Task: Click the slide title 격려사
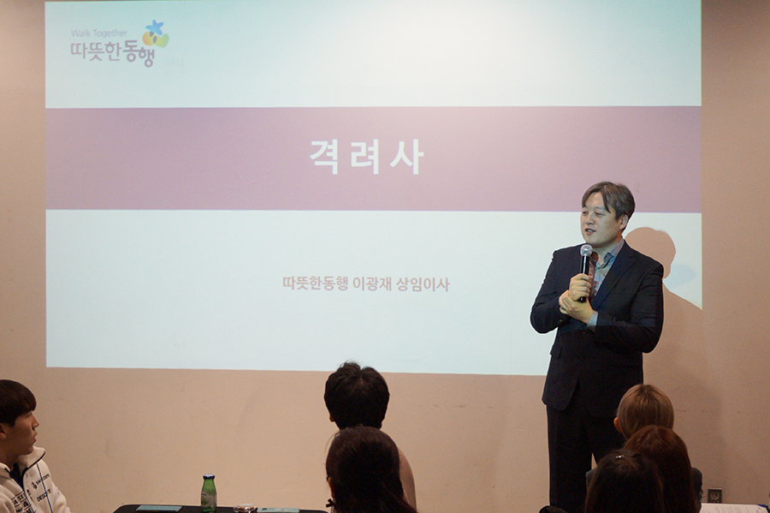click(x=366, y=156)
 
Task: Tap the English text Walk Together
click(x=98, y=33)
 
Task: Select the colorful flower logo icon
click(x=156, y=34)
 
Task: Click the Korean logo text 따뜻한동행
click(x=112, y=53)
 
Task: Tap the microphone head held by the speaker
click(x=586, y=252)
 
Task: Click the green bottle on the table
click(x=209, y=492)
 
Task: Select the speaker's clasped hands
click(x=576, y=299)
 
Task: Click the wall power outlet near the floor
click(x=714, y=495)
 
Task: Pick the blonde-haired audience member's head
click(x=643, y=410)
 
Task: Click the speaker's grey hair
click(x=610, y=197)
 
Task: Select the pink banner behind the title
click(x=373, y=158)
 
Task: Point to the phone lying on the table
click(x=158, y=508)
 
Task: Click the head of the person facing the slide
click(x=357, y=395)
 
